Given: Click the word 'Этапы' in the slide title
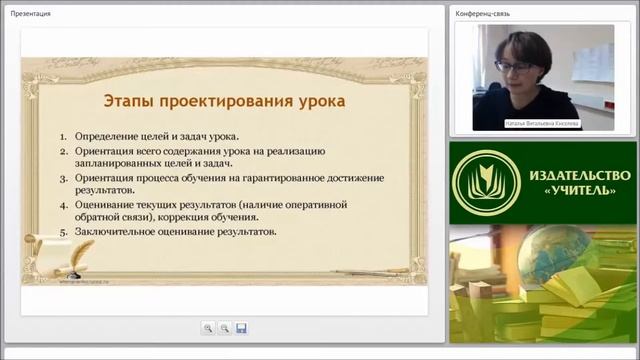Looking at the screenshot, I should (x=131, y=101).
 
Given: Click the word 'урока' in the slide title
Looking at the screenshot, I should (x=318, y=101).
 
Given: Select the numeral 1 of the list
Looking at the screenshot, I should (x=62, y=136).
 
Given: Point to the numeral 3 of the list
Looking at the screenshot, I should (x=62, y=177).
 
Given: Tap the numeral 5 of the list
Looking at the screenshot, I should (x=62, y=232).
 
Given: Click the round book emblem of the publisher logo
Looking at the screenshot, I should (x=483, y=181).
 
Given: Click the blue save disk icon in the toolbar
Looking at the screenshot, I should (x=241, y=327).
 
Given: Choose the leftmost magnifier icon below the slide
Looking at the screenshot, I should (x=207, y=327).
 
